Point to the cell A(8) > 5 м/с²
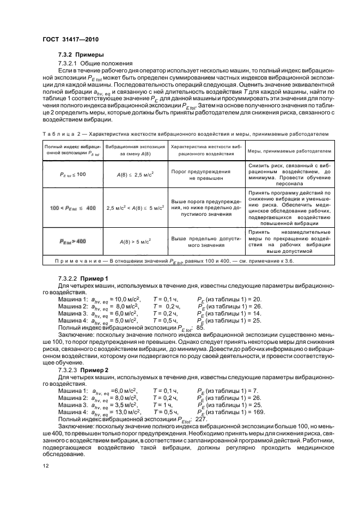click(x=131, y=240)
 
